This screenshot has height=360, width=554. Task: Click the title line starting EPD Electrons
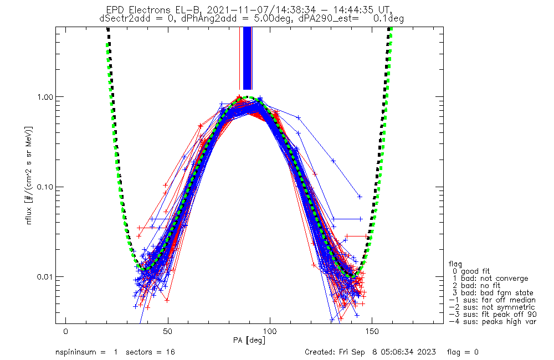[x=251, y=10]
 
